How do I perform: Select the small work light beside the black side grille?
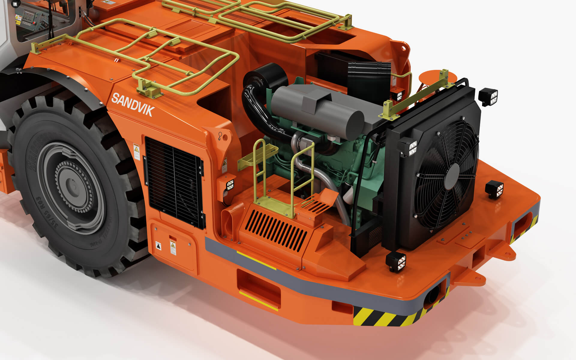point(230,185)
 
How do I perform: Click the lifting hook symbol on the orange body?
point(220,136)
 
